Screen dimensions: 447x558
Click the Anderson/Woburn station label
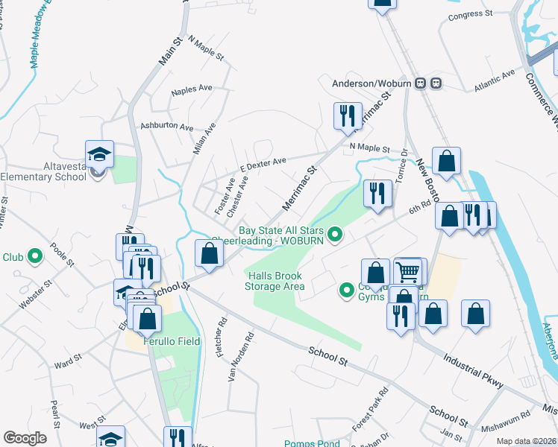(x=372, y=83)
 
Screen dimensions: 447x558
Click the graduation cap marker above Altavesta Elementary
(x=99, y=154)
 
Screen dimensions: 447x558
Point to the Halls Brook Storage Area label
(x=276, y=281)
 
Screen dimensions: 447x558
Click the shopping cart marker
(x=408, y=272)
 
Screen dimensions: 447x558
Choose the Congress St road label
(x=471, y=13)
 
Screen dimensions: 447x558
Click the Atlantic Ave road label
(x=495, y=81)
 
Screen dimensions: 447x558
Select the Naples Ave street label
(x=192, y=89)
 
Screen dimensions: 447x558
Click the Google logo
(x=25, y=437)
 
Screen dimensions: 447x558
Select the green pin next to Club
(x=34, y=257)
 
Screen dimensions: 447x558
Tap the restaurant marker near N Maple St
(x=348, y=116)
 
